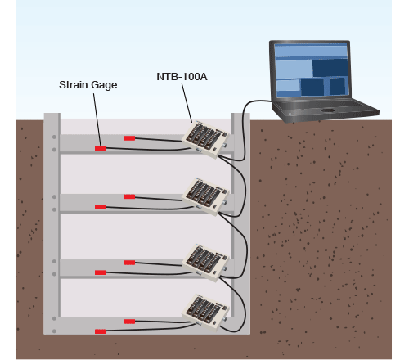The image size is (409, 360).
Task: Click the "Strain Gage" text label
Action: point(88,85)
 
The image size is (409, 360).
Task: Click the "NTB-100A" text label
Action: point(182,77)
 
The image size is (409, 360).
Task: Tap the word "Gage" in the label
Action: point(104,85)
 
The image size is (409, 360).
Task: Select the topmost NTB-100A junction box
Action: point(205,140)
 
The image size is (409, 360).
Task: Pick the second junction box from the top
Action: point(205,196)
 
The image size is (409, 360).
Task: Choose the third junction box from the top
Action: point(205,263)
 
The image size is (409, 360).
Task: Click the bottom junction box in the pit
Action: point(205,313)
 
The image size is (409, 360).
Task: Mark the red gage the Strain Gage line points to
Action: point(101,148)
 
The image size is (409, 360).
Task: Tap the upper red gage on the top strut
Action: point(129,138)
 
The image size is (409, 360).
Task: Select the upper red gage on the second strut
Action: point(129,196)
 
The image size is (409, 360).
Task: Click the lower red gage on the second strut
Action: point(101,207)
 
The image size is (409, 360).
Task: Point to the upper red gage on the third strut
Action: point(129,263)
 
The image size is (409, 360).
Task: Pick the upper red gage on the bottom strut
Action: point(129,322)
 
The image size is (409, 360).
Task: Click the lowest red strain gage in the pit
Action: point(101,331)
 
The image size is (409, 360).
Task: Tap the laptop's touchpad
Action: point(328,110)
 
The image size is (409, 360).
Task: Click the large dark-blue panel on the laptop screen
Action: point(330,68)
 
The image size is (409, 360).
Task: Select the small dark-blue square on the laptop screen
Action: point(338,87)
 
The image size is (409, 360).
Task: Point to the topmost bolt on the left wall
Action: point(54,137)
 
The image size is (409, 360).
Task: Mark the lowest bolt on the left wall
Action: point(54,331)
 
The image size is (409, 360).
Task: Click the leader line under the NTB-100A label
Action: point(187,103)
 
